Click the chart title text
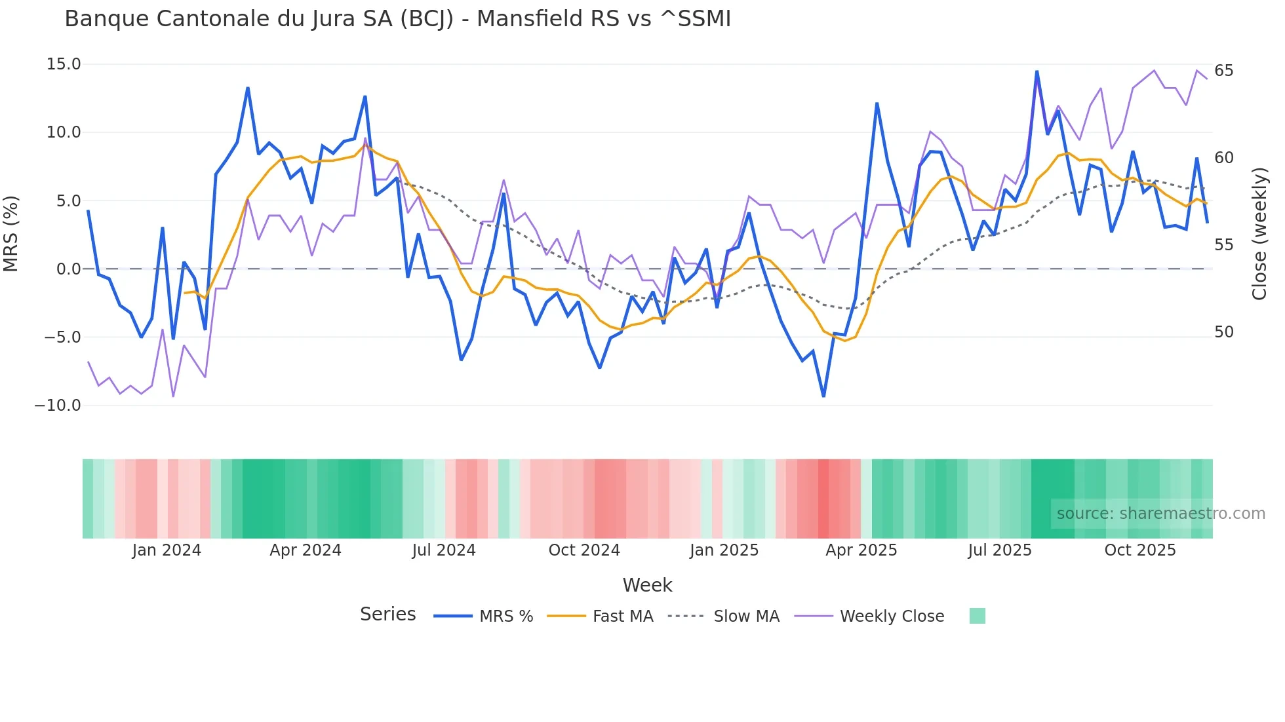(x=397, y=19)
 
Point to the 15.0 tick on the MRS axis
(x=64, y=64)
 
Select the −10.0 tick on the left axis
(x=58, y=406)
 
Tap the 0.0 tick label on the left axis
(x=68, y=269)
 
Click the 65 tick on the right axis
(x=1223, y=71)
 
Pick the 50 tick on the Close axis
(x=1223, y=332)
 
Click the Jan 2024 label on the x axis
(x=167, y=550)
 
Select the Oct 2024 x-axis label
(x=584, y=550)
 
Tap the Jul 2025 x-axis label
(x=1000, y=550)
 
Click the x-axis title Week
(x=647, y=585)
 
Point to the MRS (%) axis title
(x=11, y=234)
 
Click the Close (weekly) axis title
(x=1259, y=234)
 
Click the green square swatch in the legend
(x=977, y=616)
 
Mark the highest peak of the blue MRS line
(x=1037, y=71)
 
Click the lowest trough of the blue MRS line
(x=823, y=396)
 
